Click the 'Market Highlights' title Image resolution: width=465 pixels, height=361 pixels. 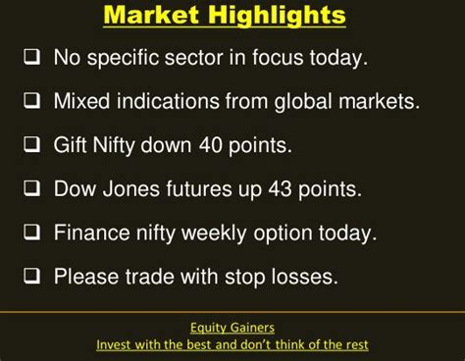[x=225, y=17]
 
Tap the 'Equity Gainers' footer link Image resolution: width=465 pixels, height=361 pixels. [x=232, y=328]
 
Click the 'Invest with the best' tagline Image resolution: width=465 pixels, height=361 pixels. [x=232, y=345]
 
